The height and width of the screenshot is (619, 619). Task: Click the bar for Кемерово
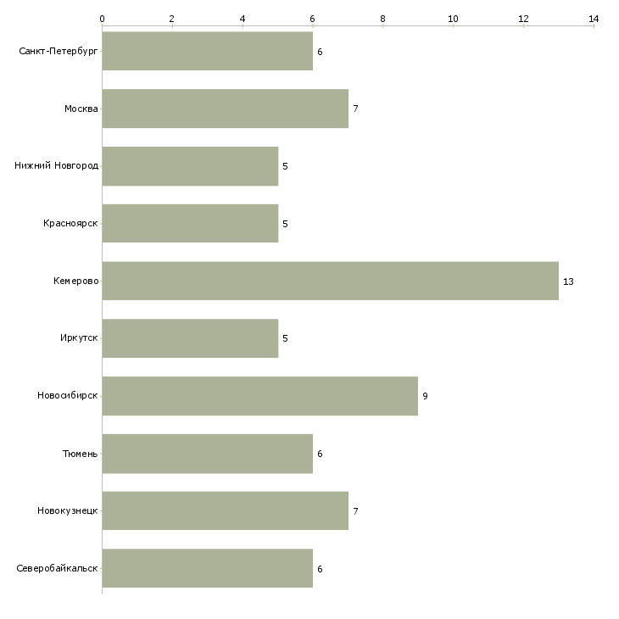point(331,281)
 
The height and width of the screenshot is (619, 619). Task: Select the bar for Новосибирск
point(260,396)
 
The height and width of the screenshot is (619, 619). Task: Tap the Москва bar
point(226,109)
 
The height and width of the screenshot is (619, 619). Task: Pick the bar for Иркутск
point(190,338)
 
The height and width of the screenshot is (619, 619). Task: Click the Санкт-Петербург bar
point(208,51)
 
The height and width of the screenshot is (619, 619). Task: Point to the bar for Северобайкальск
point(208,568)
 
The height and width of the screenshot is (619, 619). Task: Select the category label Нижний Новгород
point(57,166)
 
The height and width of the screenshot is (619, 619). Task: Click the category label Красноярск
point(70,224)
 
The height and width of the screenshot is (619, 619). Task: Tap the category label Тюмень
point(81,454)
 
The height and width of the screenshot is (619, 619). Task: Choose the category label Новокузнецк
point(68,510)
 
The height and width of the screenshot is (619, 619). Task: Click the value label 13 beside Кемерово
point(568,282)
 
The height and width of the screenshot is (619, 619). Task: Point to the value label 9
point(425,396)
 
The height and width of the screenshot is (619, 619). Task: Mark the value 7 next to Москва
point(355,109)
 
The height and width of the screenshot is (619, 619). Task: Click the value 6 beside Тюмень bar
point(321,454)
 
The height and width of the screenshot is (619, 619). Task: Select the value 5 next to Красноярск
point(286,224)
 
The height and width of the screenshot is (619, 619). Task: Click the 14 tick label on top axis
point(594,19)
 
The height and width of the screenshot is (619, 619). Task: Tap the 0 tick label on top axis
point(103,19)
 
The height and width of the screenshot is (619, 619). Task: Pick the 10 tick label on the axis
point(453,19)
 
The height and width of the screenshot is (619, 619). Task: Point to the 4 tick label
point(243,19)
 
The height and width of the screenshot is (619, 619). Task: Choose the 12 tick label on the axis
point(523,19)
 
